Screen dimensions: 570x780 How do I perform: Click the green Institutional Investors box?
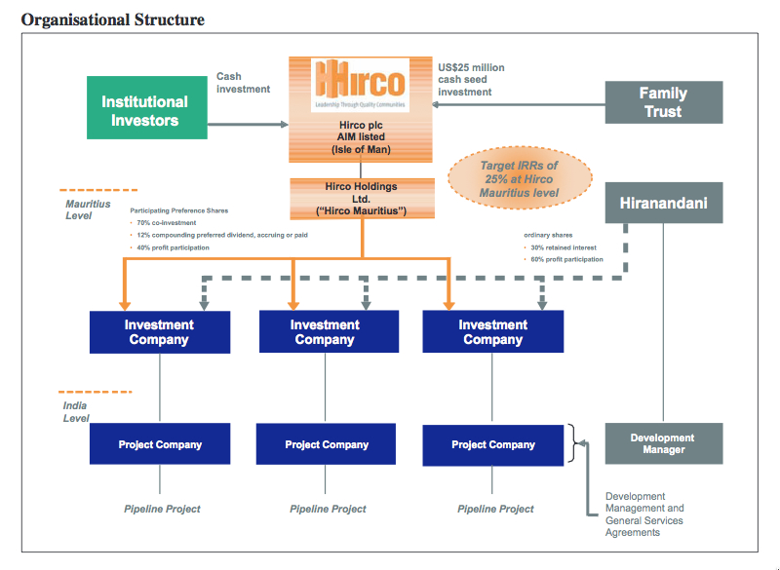[x=144, y=110]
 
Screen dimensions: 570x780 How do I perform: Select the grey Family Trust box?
[x=664, y=102]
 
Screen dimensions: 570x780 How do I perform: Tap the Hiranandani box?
[x=664, y=203]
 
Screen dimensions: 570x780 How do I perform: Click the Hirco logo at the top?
[x=361, y=85]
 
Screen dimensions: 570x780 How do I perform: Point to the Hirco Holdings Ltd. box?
[x=361, y=199]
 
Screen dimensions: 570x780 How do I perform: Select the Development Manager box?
[x=663, y=443]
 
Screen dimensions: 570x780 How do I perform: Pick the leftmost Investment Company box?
[x=159, y=332]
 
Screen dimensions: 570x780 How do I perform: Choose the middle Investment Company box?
[x=326, y=332]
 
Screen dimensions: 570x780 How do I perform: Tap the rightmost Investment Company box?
[x=493, y=332]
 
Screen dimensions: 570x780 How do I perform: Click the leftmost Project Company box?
[x=160, y=444]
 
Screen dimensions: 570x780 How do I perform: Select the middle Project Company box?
[x=327, y=444]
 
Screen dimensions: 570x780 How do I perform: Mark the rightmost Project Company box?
[x=493, y=444]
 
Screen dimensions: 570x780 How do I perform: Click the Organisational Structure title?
[x=113, y=19]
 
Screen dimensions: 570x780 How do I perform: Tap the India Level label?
[x=76, y=411]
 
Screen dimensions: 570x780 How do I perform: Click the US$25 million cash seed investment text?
[x=471, y=80]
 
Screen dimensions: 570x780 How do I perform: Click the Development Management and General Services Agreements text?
[x=644, y=513]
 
